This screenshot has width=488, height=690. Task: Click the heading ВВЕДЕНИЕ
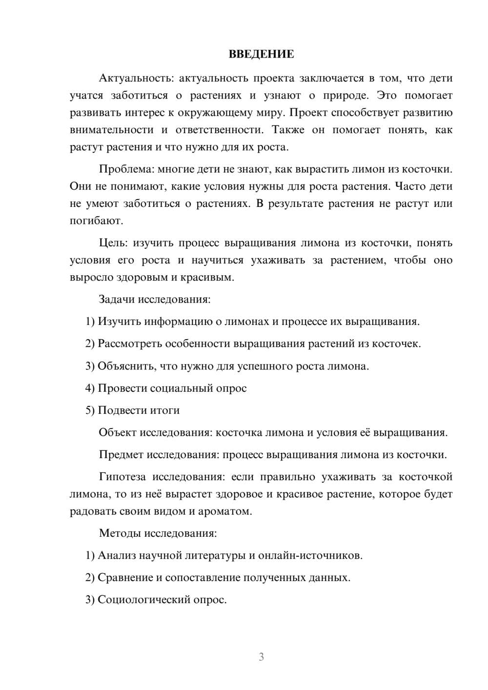click(261, 54)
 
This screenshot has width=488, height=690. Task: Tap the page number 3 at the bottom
click(261, 657)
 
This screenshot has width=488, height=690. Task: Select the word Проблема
click(126, 169)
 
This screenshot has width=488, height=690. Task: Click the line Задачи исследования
click(155, 299)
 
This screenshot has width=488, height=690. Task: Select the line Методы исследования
click(158, 533)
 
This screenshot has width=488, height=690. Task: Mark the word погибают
click(96, 221)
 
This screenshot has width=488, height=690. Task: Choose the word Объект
click(118, 432)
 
